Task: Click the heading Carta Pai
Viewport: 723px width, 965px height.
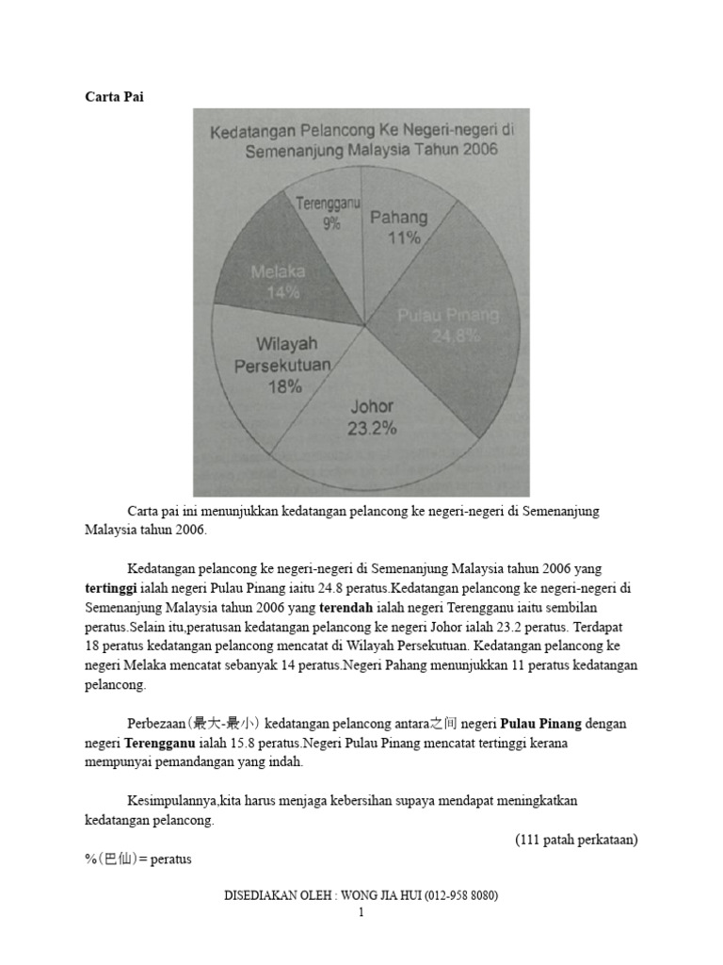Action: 114,96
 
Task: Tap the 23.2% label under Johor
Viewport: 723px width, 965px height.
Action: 372,428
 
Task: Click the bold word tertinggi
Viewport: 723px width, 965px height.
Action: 112,586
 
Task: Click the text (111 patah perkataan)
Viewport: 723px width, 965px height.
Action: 576,840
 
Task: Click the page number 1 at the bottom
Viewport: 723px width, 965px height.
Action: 361,912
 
